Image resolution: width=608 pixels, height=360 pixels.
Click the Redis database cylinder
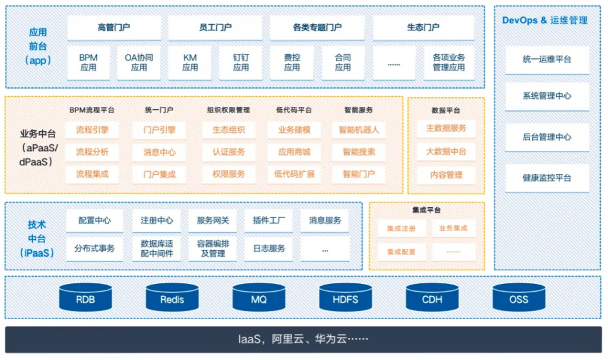point(172,298)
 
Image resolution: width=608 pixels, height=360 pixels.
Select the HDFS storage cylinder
point(346,298)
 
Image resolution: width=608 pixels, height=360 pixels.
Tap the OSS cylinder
point(518,298)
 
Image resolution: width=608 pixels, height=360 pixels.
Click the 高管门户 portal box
point(114,27)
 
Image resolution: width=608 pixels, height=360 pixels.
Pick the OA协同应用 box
point(139,62)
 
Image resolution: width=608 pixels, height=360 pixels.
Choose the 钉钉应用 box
point(241,62)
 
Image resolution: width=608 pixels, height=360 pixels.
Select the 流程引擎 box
point(92,130)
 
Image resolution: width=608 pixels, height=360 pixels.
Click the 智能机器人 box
point(359,130)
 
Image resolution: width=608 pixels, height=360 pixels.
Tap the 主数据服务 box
point(446,128)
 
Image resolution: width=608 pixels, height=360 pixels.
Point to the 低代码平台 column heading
point(294,110)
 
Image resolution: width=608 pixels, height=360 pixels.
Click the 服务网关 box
point(213,220)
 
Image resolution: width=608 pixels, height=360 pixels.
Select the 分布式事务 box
point(94,248)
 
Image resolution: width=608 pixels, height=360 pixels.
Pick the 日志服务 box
point(269,248)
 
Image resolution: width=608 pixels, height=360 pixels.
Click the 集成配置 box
point(401,252)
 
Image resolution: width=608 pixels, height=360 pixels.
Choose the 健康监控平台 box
point(547,178)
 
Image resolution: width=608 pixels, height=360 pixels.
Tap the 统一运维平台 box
point(547,59)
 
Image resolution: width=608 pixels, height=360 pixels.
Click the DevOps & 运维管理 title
point(544,20)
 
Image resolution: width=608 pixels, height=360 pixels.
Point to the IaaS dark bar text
point(303,340)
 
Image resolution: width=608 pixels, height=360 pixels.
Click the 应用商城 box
point(294,152)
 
